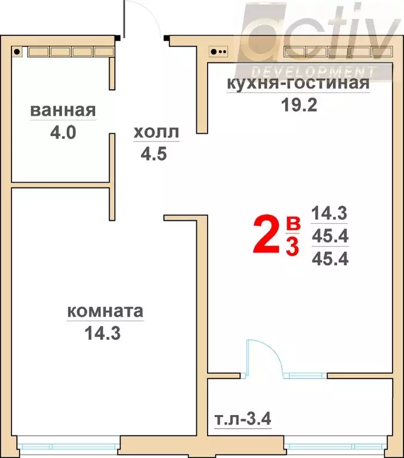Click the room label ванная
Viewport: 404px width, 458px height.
click(63, 111)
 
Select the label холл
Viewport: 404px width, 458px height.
click(155, 133)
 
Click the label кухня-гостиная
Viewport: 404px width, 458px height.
click(297, 84)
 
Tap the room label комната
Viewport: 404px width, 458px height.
click(105, 312)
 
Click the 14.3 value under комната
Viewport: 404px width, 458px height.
click(104, 333)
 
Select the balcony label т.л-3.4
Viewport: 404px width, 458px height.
click(243, 419)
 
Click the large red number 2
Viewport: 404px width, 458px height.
click(267, 236)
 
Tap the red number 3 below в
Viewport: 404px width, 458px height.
click(292, 246)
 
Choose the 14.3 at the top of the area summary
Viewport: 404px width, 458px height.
click(329, 213)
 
